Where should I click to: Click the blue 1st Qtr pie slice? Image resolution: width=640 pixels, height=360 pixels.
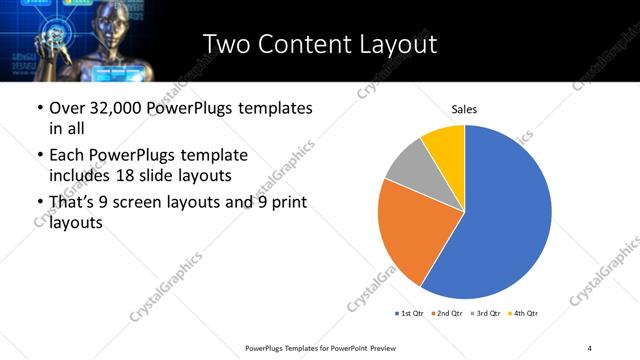point(505,220)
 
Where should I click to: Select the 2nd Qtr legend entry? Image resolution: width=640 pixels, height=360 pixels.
point(444,314)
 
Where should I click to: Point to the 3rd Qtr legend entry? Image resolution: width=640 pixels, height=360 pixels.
point(483,314)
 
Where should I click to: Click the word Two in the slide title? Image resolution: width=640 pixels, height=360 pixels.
point(225,44)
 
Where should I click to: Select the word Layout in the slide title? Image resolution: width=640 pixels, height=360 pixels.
point(400,44)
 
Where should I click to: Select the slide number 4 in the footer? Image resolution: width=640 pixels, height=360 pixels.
point(589,347)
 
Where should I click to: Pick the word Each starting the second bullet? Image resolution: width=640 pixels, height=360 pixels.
point(68,155)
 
